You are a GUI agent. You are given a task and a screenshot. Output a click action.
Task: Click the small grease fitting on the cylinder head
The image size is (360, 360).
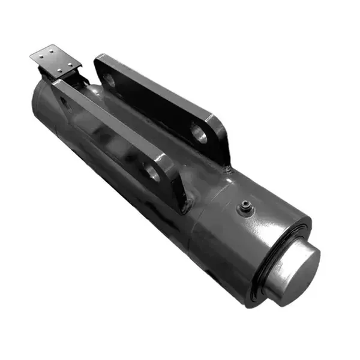click(x=245, y=208)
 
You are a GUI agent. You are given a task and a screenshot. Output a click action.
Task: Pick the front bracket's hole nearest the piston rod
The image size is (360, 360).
click(x=152, y=174)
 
